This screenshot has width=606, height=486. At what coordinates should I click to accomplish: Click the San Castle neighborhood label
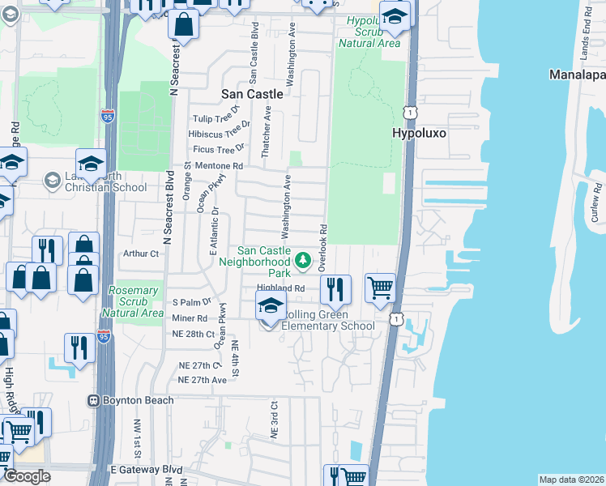point(253,94)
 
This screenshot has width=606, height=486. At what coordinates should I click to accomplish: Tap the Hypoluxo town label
point(420,132)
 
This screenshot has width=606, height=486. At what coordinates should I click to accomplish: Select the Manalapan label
point(577,75)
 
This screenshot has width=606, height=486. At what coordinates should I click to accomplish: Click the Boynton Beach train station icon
point(95,400)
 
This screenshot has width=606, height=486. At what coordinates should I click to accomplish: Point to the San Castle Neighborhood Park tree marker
point(302,260)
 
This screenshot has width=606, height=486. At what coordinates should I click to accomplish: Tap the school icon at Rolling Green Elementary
point(271,305)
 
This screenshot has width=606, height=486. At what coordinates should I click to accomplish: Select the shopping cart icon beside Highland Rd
point(380,288)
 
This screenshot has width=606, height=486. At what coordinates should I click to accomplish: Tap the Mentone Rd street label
point(219,165)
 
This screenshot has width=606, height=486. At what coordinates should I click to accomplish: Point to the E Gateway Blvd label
point(146,470)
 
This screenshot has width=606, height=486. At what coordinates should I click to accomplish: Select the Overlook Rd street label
point(322,247)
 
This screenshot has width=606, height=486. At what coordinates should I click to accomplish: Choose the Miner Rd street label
point(190,318)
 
